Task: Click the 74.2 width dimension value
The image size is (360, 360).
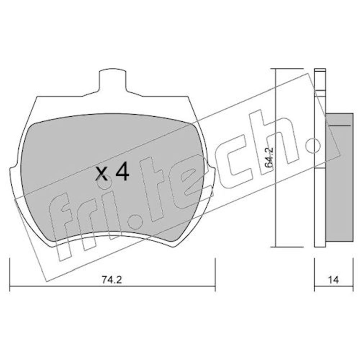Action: pos(112,280)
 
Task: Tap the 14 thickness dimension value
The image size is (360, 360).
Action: pos(333,280)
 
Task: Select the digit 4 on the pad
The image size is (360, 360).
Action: pos(122,171)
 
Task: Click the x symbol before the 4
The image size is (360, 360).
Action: pos(102,174)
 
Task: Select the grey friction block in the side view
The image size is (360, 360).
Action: pos(339,177)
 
